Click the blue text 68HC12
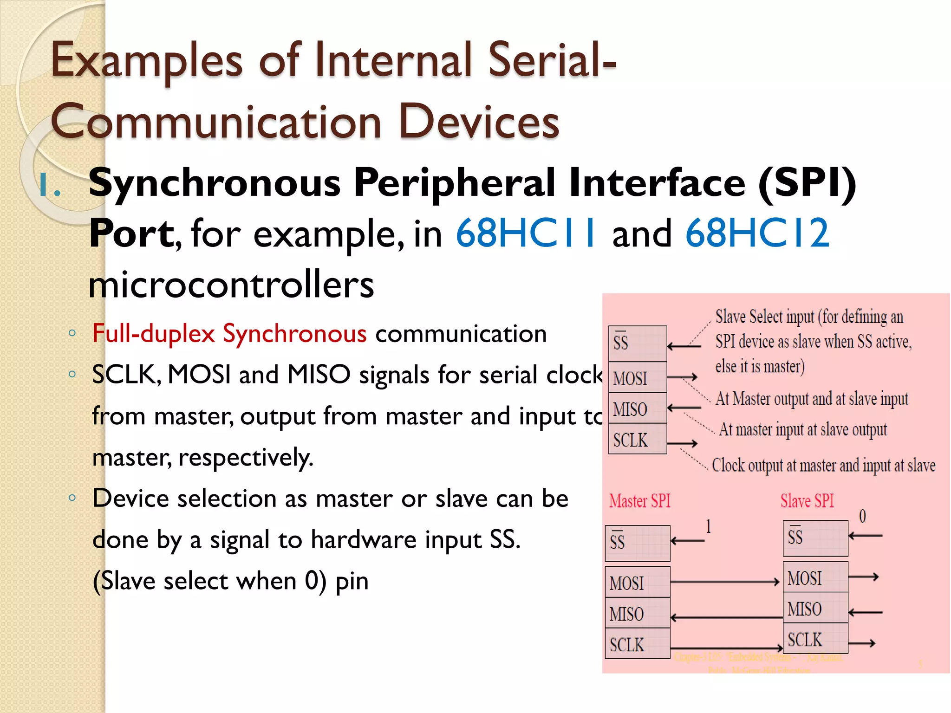coord(757,233)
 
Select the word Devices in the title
coord(479,122)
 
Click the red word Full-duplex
coord(153,334)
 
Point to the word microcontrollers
coord(231,285)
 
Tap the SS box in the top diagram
coord(637,344)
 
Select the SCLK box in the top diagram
coord(637,439)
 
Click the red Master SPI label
coord(639,501)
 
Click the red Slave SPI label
coord(807,501)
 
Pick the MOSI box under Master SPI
coord(637,583)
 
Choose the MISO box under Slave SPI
coord(815,609)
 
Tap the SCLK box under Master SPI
coord(637,644)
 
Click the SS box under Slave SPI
coord(815,538)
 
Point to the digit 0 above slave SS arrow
coord(862,516)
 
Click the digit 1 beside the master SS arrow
coord(708,526)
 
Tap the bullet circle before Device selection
coord(72,498)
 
